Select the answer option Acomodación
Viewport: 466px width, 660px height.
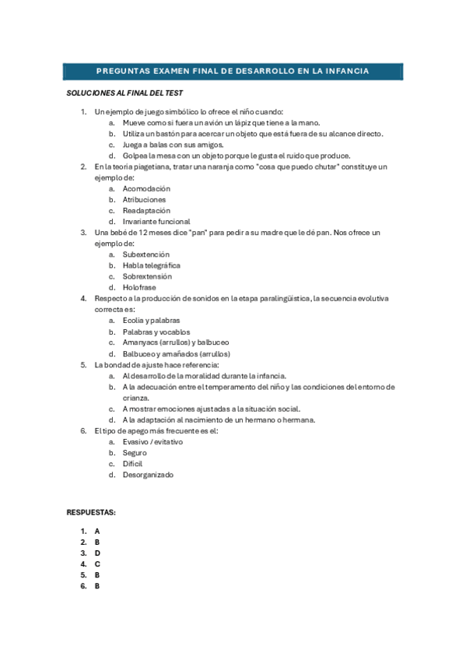(x=146, y=189)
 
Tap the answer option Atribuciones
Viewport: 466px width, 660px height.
(x=144, y=200)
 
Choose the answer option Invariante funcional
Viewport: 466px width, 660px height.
(x=156, y=222)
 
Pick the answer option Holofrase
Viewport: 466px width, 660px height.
(x=139, y=287)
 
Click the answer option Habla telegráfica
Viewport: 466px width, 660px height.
(x=151, y=265)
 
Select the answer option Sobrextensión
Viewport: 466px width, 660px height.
(x=147, y=276)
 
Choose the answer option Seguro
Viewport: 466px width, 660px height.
(x=135, y=453)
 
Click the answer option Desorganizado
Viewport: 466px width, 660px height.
(x=148, y=475)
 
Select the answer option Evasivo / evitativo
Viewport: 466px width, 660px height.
(x=152, y=442)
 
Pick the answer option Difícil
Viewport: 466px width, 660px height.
(x=133, y=464)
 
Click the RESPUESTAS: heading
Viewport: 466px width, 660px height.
(x=91, y=513)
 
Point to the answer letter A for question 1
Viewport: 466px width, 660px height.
(x=97, y=532)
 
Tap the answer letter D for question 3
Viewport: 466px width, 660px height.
(x=97, y=553)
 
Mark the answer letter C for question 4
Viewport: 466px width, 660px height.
(x=97, y=564)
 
